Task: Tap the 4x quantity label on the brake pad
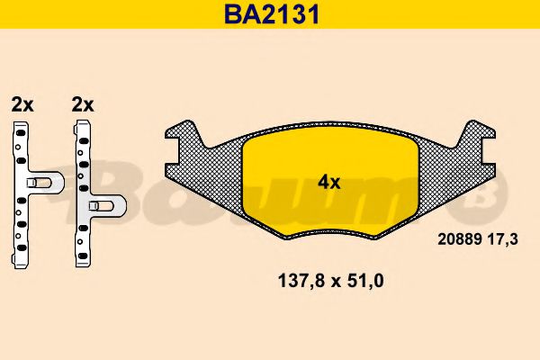click(328, 182)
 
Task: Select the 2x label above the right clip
click(82, 104)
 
